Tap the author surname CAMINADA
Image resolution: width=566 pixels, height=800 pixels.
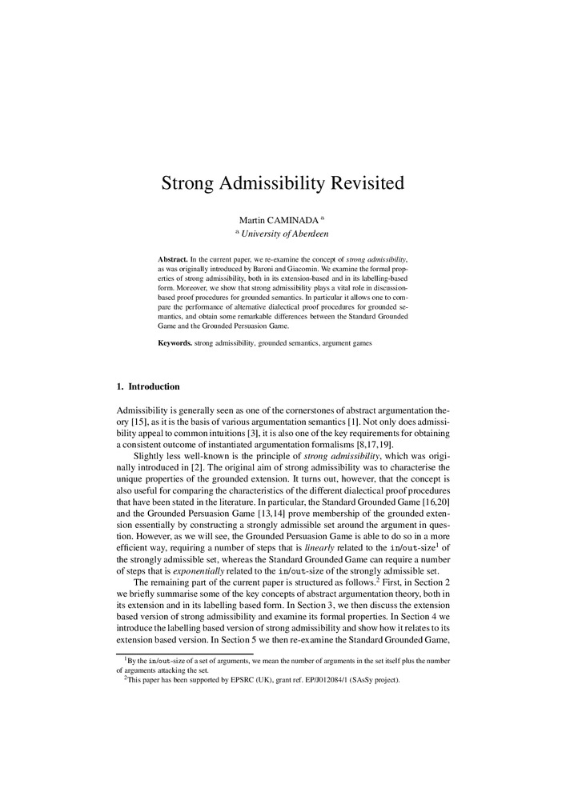click(291, 218)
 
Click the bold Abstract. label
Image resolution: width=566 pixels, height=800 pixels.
click(172, 260)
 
